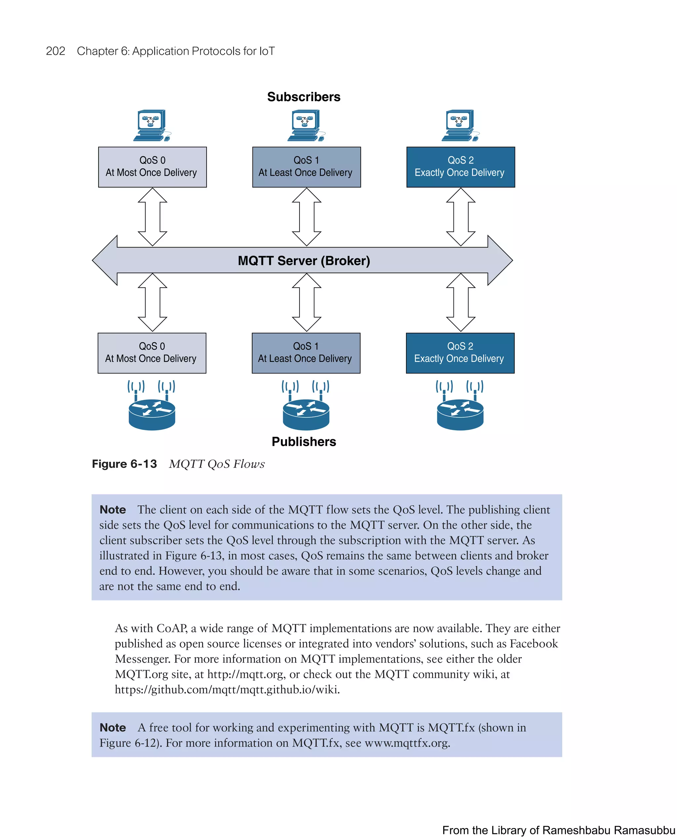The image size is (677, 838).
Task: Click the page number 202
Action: click(56, 51)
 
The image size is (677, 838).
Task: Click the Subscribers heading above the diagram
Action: click(303, 97)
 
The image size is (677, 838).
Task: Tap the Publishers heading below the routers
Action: click(303, 441)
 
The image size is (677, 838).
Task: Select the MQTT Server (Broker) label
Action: click(303, 261)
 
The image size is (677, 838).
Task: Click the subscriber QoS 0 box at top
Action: click(152, 167)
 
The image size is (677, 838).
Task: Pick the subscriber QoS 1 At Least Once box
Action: click(306, 167)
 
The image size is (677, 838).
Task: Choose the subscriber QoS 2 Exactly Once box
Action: click(460, 167)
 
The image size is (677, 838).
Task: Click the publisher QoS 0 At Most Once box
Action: click(152, 353)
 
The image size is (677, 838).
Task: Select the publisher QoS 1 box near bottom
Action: click(306, 353)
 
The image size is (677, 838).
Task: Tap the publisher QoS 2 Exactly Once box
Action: click(460, 353)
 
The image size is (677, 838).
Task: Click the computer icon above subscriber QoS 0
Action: click(152, 125)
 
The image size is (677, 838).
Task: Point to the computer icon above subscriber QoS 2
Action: click(460, 125)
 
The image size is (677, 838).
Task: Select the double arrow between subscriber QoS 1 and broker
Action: click(306, 217)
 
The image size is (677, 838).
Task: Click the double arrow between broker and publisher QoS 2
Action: click(460, 302)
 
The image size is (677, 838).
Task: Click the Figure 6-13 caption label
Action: click(124, 464)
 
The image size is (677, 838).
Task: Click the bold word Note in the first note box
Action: click(113, 510)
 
